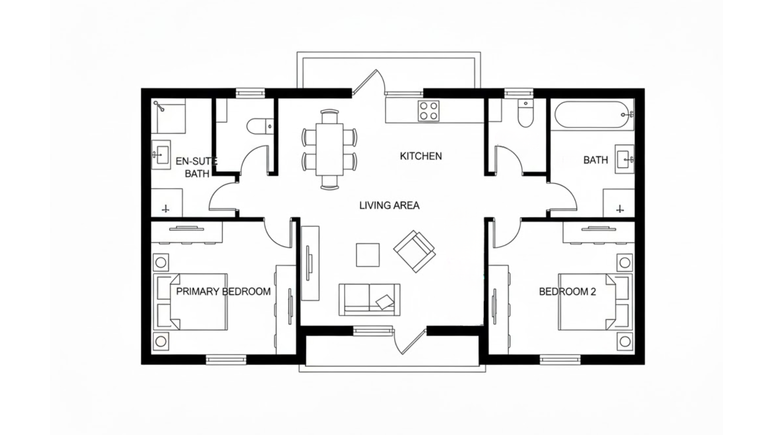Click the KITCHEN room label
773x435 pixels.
(x=421, y=156)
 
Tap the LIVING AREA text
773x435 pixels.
(x=389, y=205)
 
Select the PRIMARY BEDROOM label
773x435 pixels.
(x=223, y=292)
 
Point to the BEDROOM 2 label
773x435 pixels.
(x=567, y=292)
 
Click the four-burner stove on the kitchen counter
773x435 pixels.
(x=428, y=111)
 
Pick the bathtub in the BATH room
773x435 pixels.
(x=591, y=115)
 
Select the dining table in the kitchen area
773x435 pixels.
(x=329, y=149)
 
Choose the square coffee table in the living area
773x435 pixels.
(x=368, y=255)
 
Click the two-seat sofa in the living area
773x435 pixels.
(x=369, y=299)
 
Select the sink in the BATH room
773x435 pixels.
(x=624, y=159)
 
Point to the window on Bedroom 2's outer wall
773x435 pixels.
(x=560, y=359)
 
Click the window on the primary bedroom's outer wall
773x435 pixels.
(x=226, y=359)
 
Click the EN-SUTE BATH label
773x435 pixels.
(x=196, y=167)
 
